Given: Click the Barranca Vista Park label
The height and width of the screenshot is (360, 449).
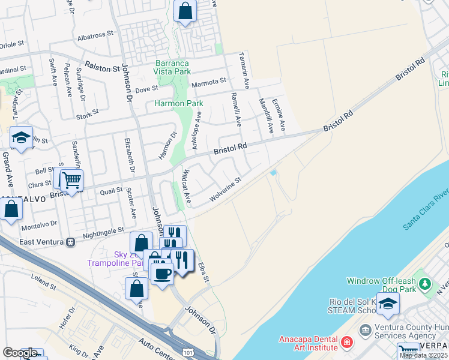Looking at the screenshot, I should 172,67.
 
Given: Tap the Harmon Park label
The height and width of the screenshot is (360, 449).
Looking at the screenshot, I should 179,103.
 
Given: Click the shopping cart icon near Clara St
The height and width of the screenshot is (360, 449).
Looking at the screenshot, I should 71,179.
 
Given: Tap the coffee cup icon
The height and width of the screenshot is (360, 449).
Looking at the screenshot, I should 161,274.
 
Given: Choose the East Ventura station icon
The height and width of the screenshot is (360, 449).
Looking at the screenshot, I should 70,242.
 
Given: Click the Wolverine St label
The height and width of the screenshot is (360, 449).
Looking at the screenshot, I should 225,189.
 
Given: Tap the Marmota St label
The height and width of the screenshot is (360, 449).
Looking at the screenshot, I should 209,81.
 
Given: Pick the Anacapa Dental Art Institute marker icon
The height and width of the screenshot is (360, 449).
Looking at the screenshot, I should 346,343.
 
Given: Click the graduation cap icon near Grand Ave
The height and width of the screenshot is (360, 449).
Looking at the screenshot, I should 21,138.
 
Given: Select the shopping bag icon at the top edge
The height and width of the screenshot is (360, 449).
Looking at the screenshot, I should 185,10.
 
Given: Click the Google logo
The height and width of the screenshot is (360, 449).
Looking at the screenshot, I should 20,353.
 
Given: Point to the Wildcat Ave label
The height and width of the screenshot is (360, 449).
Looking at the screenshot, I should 186,185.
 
